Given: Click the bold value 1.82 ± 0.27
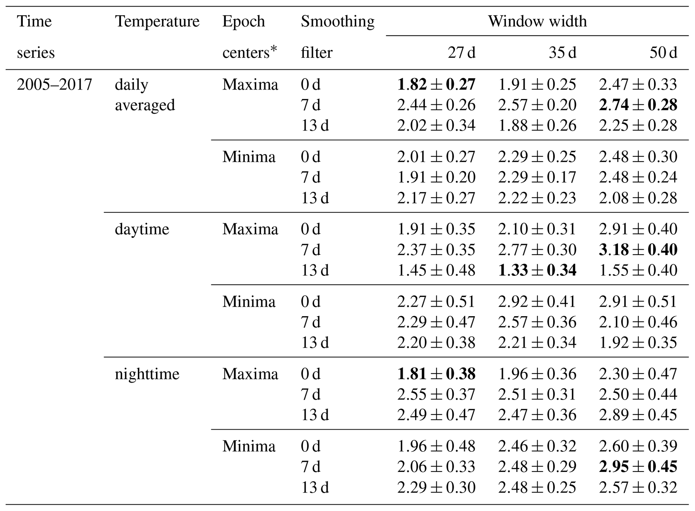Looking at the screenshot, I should (x=436, y=84).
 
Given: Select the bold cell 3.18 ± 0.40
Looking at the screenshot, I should (x=638, y=250).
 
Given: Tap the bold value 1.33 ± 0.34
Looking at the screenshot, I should (x=537, y=270).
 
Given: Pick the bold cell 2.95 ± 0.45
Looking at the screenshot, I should (x=638, y=467).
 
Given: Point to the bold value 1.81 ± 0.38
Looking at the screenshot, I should (x=436, y=374).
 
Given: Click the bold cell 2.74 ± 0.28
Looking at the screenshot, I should (x=638, y=105).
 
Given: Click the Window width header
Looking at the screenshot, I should (x=537, y=22).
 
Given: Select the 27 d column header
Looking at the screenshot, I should (x=461, y=53).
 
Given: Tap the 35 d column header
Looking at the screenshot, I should (x=562, y=53).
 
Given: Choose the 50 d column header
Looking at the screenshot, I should (x=663, y=53).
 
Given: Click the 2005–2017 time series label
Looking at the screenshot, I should (x=54, y=84).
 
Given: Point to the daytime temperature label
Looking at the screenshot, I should (x=142, y=229).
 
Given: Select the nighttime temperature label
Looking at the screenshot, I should (x=147, y=374).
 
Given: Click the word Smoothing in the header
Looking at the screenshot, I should (x=337, y=22).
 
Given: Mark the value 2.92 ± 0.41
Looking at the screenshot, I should (x=537, y=302).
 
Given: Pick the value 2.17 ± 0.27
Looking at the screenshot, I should (x=436, y=198).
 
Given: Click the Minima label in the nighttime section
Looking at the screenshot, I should (x=249, y=446).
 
